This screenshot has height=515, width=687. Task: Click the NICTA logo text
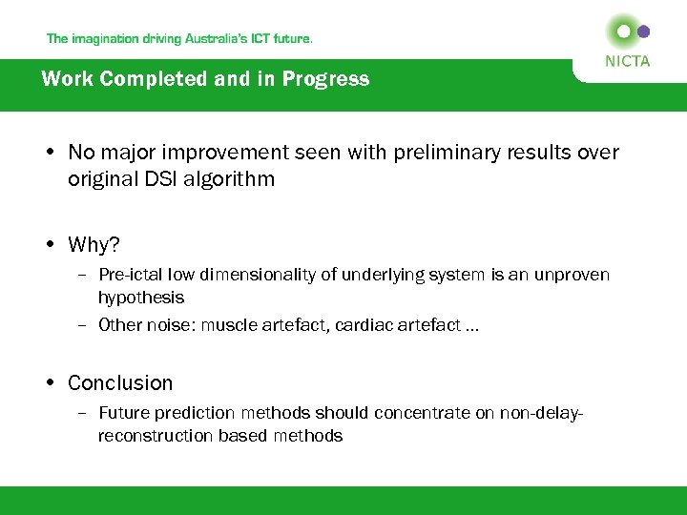[x=627, y=61]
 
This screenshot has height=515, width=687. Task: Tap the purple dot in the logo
[x=643, y=31]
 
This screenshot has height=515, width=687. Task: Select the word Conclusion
[x=120, y=383]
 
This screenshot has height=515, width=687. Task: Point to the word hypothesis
[x=140, y=299]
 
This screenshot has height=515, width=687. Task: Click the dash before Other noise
[x=84, y=325]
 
